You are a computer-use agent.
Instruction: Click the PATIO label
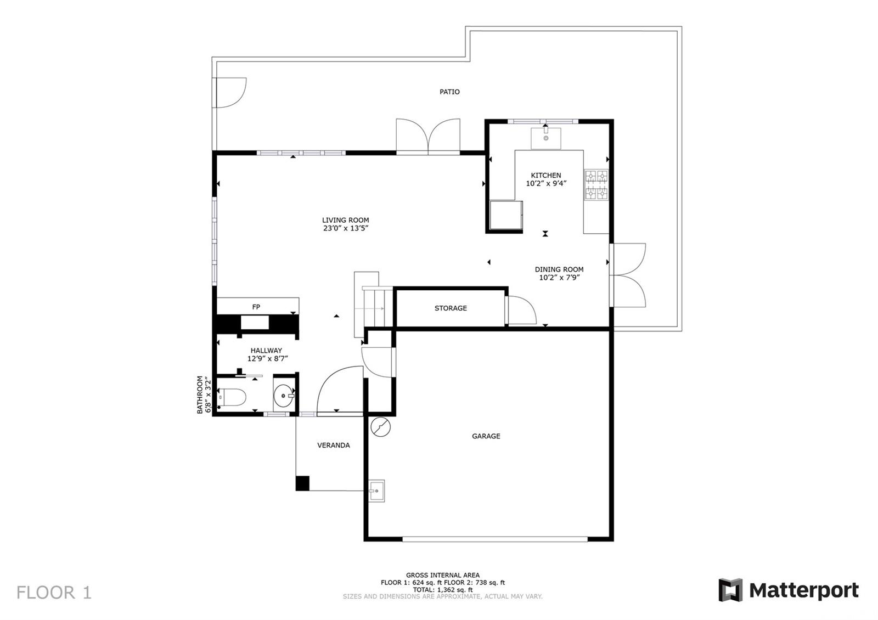449,92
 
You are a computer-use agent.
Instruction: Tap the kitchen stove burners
596,184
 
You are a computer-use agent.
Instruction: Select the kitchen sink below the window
545,138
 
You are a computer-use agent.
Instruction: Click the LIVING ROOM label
345,220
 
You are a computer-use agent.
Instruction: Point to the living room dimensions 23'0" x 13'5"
346,228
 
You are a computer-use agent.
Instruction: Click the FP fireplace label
256,307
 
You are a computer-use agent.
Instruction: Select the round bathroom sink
284,396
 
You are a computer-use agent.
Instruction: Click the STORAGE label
451,308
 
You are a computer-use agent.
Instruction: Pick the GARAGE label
486,436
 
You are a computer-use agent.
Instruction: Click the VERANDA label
334,445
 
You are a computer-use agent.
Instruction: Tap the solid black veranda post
302,483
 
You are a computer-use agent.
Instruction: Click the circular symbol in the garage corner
381,427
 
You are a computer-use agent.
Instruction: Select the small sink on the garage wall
376,491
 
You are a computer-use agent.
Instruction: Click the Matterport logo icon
730,590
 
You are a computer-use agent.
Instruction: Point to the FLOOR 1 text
54,593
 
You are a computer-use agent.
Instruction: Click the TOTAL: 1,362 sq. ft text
442,589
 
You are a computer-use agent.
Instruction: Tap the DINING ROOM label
559,269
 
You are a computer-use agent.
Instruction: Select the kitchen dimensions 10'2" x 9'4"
546,184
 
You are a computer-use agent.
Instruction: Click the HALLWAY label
266,351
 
